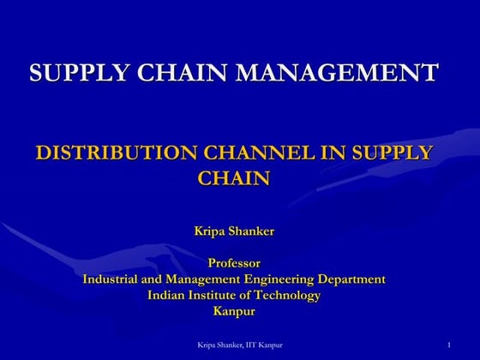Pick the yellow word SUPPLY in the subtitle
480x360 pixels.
click(393, 153)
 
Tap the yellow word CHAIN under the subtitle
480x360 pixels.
click(234, 178)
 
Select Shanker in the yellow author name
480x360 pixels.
click(256, 230)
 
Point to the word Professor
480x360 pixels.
click(234, 262)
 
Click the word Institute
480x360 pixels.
click(219, 295)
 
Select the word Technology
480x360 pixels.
click(287, 295)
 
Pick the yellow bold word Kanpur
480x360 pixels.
click(234, 311)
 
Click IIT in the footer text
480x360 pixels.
click(249, 345)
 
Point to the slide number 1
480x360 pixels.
click(449, 345)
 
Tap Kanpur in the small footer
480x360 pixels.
click(270, 345)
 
